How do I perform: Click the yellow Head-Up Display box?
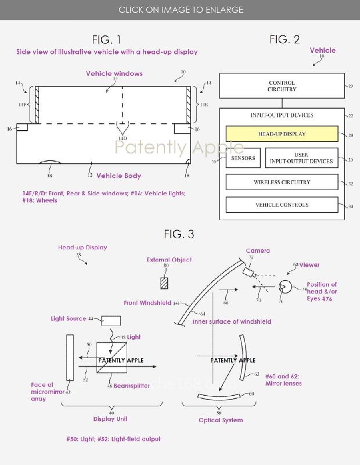282,134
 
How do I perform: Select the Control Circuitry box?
282,87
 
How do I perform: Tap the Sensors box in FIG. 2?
243,158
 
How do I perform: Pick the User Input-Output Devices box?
301,158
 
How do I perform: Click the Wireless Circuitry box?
282,182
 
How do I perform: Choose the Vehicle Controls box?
282,205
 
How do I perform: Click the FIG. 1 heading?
107,40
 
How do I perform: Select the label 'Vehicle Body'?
118,176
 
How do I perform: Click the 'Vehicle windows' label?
114,74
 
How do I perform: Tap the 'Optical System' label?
221,420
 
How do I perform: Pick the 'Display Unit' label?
110,419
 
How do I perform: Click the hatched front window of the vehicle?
37,105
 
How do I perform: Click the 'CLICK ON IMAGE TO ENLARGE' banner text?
180,10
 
